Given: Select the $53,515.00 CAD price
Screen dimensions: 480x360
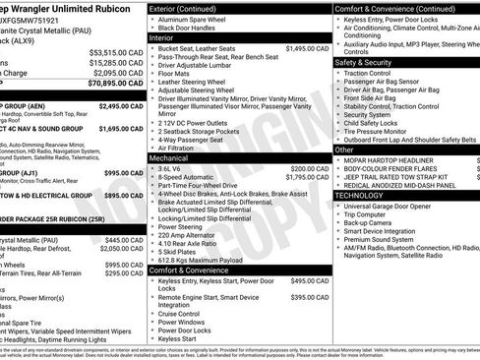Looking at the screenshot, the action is [116, 51].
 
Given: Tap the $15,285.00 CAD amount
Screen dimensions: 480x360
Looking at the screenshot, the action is [116, 62].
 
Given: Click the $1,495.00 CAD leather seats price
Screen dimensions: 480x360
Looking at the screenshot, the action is [307, 48].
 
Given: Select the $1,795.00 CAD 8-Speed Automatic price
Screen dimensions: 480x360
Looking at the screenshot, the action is [307, 177].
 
